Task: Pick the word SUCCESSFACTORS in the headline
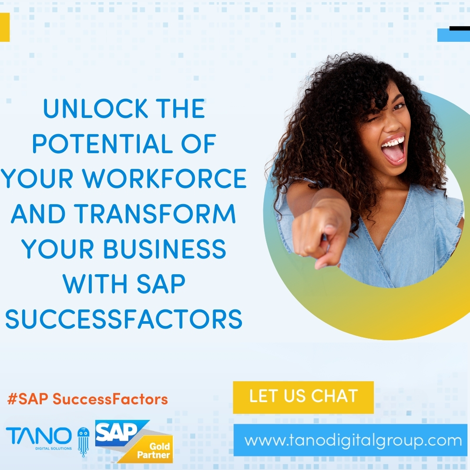coord(124,319)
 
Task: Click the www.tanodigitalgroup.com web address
coord(353,440)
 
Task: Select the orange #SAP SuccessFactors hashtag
coord(87,399)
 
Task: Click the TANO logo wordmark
coord(39,436)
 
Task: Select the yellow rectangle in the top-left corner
coord(4,27)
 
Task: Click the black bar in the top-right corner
coord(459,29)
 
